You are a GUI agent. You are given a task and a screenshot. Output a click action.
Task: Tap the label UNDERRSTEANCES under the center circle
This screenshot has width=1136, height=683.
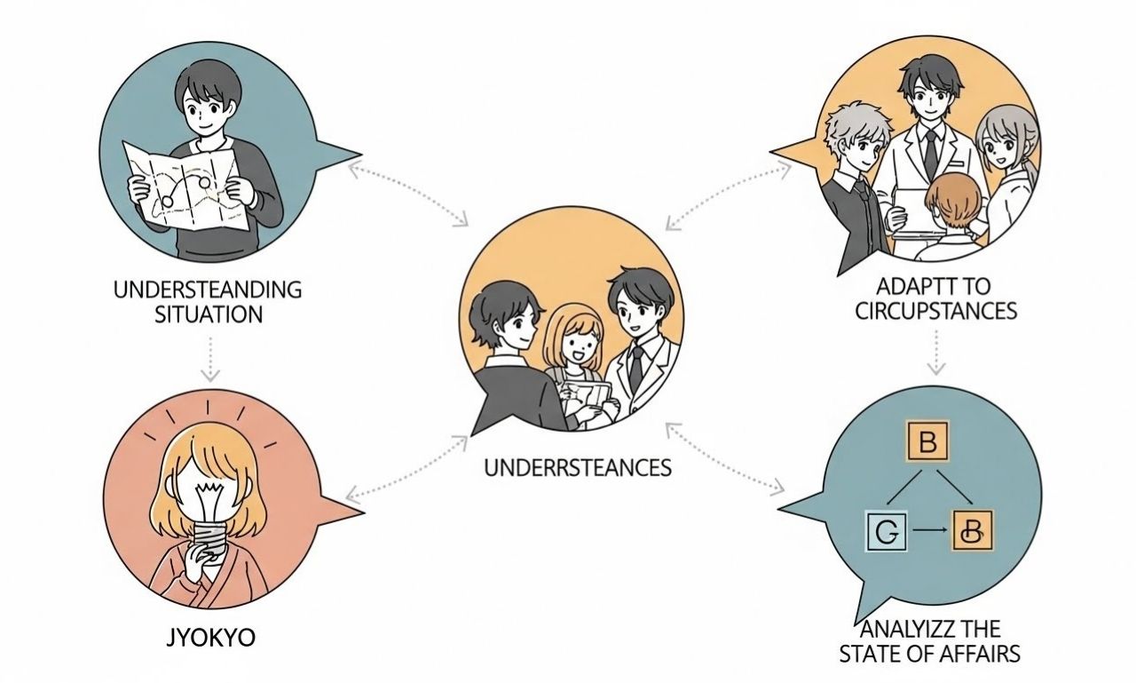[578, 467]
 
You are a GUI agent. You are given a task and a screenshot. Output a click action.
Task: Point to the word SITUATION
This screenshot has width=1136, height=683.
[209, 314]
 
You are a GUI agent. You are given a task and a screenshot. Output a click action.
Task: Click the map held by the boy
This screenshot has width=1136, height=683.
[187, 188]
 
